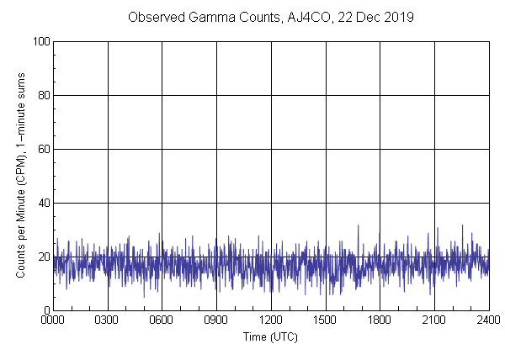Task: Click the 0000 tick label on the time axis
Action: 53,320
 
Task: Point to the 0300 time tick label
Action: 108,320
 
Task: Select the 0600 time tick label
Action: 162,320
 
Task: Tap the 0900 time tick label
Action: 216,320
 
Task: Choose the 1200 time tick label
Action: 271,320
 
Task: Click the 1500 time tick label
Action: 325,320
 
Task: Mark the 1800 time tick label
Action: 380,320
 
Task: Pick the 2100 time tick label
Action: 434,320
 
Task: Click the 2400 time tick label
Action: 487,320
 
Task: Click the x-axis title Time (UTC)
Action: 270,336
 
